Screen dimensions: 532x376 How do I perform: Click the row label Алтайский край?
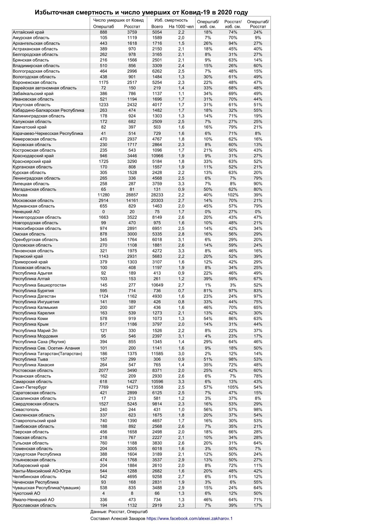(28, 32)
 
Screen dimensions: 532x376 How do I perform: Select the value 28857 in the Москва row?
(132, 195)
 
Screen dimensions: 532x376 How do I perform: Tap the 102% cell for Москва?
(233, 195)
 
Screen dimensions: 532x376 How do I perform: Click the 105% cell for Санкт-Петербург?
(233, 387)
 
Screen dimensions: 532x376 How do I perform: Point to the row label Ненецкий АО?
(26, 212)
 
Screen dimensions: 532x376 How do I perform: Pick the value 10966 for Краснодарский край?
(157, 156)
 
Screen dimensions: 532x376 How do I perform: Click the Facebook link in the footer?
(190, 518)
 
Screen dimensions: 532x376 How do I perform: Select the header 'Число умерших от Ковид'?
(118, 20)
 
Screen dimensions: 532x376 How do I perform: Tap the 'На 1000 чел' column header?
(181, 26)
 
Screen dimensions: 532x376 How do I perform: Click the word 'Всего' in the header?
(157, 26)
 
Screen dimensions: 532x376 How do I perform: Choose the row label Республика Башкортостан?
(39, 285)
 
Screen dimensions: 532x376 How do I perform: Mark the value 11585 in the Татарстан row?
(157, 354)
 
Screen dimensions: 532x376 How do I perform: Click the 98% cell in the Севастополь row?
(258, 409)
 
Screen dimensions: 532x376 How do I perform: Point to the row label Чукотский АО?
(26, 493)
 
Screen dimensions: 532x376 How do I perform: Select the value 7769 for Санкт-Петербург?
(104, 387)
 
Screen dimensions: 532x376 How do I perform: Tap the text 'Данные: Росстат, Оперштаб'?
(119, 512)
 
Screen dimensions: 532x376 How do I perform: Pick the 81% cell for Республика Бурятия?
(208, 291)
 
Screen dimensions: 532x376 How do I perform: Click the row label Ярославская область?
(34, 505)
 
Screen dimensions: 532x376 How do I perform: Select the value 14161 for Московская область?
(132, 201)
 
